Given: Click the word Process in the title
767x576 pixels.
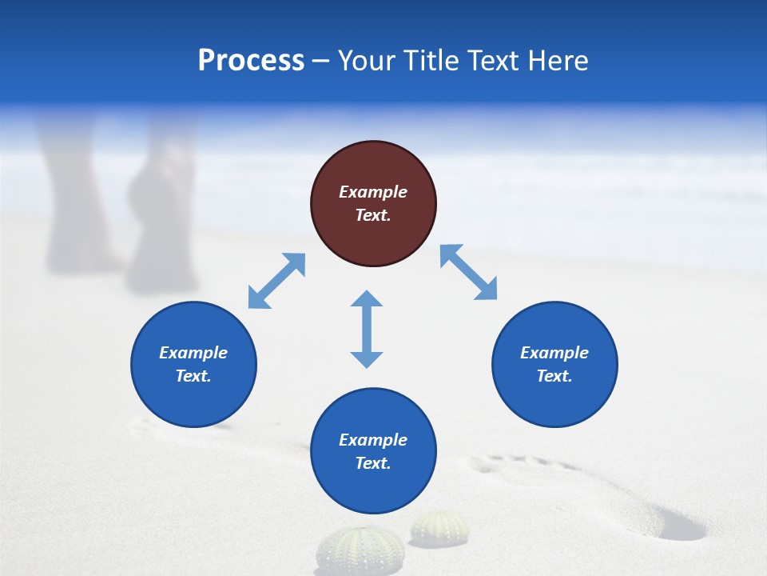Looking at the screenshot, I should (x=251, y=61).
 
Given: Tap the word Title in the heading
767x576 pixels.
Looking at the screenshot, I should (x=427, y=61).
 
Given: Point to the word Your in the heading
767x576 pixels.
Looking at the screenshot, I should (x=368, y=61).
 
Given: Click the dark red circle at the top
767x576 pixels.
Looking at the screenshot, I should (x=373, y=203).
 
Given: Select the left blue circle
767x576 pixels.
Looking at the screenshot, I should (x=193, y=364).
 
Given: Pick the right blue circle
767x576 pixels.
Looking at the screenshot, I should (x=554, y=364).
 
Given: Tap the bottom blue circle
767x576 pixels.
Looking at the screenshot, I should (x=373, y=451).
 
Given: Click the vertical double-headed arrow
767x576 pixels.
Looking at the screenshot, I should (x=367, y=329).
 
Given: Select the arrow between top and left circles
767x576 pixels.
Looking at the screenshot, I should (x=276, y=281).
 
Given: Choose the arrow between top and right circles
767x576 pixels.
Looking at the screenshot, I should (x=469, y=272).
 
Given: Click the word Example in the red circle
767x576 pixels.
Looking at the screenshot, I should (x=373, y=192).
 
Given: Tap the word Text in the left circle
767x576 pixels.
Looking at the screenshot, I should (x=193, y=376).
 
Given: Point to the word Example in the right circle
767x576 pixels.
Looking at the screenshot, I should (x=554, y=353).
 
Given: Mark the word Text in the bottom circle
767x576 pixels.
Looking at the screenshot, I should (x=372, y=463).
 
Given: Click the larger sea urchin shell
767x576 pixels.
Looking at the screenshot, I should (x=360, y=550).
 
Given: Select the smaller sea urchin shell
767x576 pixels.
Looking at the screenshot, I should (x=439, y=528).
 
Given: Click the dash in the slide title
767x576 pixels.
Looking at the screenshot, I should (x=320, y=61).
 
